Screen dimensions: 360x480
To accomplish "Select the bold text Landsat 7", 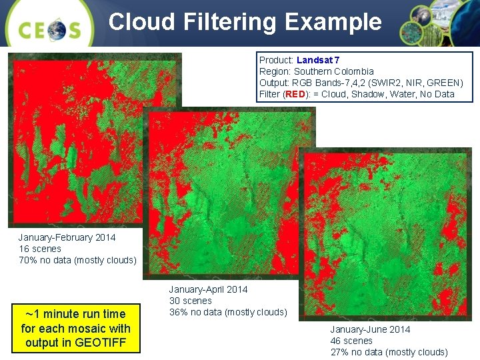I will pyautogui.click(x=318, y=60).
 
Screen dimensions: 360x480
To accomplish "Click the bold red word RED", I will pyautogui.click(x=295, y=94).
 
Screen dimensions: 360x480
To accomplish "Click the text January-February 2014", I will pyautogui.click(x=67, y=237).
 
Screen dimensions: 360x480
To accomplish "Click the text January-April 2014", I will pyautogui.click(x=208, y=289).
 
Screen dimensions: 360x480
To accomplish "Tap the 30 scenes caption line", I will pyautogui.click(x=191, y=301).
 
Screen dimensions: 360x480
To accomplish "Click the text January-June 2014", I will pyautogui.click(x=370, y=329).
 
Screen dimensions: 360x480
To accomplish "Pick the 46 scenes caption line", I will pyautogui.click(x=351, y=341).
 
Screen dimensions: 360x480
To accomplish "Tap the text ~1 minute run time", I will pyautogui.click(x=75, y=313).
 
